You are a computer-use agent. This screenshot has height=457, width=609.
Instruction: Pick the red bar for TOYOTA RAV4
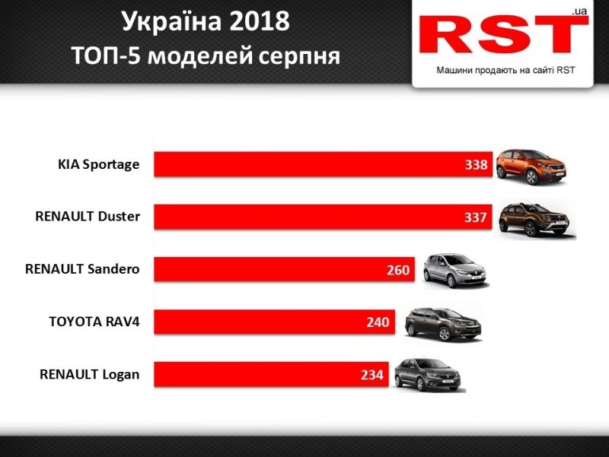[274, 322]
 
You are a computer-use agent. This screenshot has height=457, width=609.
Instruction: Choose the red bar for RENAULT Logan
[271, 374]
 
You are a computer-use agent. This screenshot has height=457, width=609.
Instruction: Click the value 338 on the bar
[476, 165]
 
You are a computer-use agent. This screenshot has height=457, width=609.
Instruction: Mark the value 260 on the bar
[398, 270]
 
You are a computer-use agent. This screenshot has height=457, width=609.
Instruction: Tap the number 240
[378, 322]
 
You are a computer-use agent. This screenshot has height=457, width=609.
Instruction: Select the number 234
[372, 375]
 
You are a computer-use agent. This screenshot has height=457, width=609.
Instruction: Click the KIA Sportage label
[99, 164]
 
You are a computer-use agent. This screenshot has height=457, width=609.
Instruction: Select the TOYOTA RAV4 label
[94, 322]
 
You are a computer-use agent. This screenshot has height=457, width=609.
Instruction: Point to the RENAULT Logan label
[90, 374]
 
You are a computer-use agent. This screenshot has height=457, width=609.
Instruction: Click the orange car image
[532, 163]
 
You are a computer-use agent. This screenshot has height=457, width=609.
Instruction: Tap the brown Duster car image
[533, 219]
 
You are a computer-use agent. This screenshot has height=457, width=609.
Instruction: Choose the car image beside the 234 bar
[427, 373]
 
